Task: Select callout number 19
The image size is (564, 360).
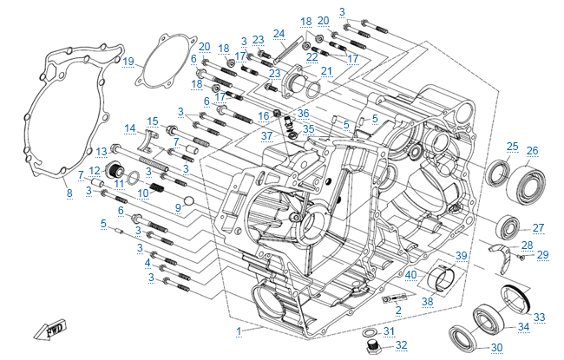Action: [128, 62]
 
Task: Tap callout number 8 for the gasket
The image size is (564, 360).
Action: [69, 192]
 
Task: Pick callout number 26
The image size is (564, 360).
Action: [532, 150]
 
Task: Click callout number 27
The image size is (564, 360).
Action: [538, 228]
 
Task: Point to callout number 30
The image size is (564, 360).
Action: [496, 348]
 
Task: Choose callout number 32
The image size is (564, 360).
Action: [401, 344]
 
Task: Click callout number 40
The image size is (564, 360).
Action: [411, 275]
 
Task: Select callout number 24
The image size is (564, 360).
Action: [279, 34]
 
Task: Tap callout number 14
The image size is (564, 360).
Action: [129, 128]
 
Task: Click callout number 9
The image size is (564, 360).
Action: [177, 207]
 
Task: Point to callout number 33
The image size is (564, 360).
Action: [539, 317]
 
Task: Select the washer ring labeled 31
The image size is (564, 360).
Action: [368, 331]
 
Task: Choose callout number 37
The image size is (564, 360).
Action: [267, 135]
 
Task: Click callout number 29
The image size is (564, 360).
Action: [543, 254]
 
